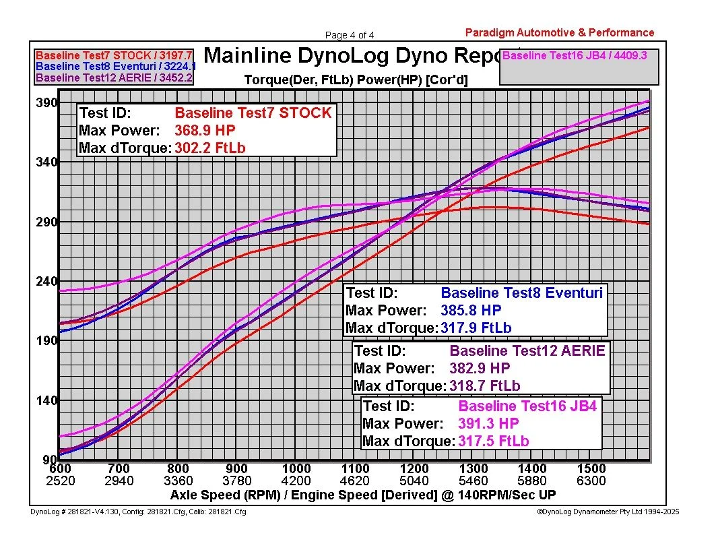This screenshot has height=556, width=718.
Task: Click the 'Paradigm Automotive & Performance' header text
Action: click(559, 32)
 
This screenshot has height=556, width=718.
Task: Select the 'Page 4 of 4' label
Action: click(350, 35)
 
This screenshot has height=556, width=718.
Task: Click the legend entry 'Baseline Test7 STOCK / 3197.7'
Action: click(114, 55)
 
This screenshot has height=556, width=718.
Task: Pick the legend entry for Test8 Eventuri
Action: click(115, 67)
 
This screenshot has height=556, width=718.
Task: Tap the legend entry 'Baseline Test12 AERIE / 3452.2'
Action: click(114, 78)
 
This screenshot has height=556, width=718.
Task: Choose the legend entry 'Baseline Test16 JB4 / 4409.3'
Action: click(575, 55)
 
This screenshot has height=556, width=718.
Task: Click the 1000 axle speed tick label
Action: click(296, 468)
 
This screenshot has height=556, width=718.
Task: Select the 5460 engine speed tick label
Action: click(474, 481)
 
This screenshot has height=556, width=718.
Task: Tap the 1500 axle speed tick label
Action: click(591, 468)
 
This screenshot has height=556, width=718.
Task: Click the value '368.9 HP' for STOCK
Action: click(205, 131)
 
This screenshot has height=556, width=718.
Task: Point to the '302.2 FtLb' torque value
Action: click(210, 148)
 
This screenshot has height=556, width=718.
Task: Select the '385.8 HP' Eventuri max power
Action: click(471, 311)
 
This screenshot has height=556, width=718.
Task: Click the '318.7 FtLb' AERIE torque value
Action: click(485, 386)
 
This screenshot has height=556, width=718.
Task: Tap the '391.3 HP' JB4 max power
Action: click(488, 424)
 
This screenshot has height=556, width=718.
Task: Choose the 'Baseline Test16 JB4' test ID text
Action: click(527, 406)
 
